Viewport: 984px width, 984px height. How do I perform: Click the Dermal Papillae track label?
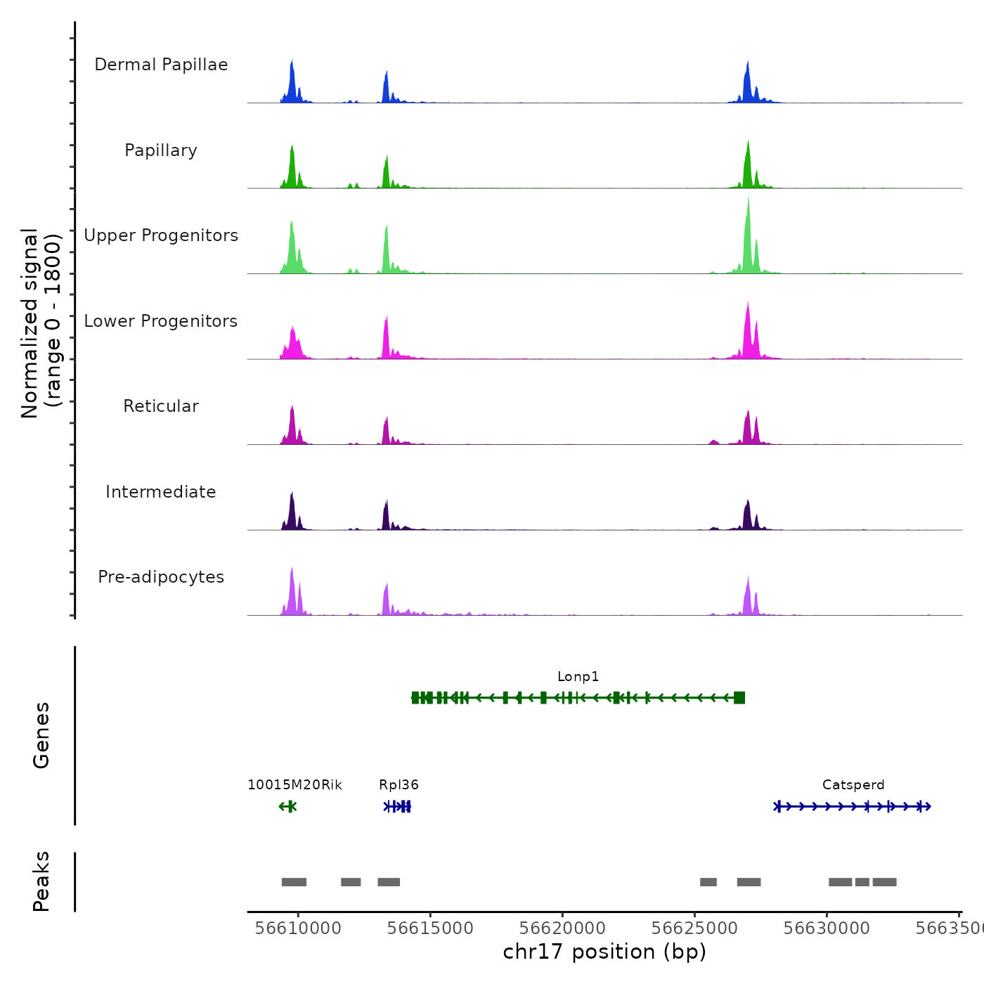161,65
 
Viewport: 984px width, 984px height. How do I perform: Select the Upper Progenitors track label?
161,235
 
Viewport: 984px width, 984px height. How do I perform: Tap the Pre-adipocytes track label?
161,577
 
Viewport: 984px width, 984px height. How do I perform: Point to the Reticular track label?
161,406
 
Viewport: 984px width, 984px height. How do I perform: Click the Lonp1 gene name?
578,677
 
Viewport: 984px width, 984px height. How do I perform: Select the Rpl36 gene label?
399,785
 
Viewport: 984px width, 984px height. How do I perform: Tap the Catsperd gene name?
853,785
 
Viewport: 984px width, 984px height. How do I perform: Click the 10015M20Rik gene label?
294,785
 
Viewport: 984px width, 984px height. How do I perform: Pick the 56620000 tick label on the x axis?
563,928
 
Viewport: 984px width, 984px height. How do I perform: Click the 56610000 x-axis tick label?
298,928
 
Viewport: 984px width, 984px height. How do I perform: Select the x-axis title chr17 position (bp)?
604,952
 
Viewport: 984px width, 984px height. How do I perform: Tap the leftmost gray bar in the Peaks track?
294,882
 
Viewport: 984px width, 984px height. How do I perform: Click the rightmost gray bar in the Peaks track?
884,882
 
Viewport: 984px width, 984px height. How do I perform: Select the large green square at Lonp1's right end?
739,697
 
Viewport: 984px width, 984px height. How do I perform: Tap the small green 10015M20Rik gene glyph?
288,806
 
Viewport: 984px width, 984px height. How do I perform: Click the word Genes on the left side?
41,735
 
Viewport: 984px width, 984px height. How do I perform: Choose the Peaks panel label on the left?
41,881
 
